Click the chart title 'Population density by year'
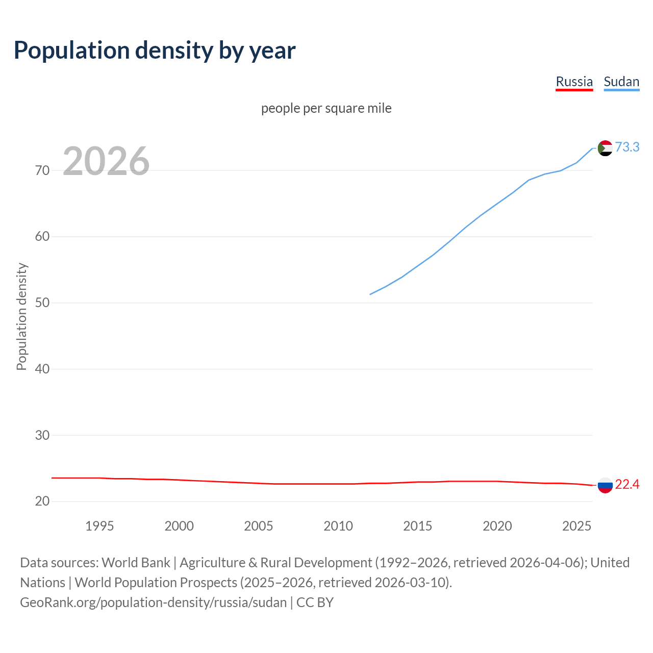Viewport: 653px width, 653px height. pyautogui.click(x=155, y=50)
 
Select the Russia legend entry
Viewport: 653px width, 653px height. pyautogui.click(x=574, y=82)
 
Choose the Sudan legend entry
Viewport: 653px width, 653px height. pyautogui.click(x=621, y=82)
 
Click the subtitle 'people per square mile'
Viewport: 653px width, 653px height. pyautogui.click(x=326, y=108)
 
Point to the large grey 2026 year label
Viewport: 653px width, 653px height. pyautogui.click(x=106, y=161)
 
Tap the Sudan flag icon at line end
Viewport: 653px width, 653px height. pyautogui.click(x=605, y=148)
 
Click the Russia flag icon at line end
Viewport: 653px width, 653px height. pyautogui.click(x=605, y=485)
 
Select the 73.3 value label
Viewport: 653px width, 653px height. pyautogui.click(x=627, y=147)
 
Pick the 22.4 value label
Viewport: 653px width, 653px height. pyautogui.click(x=627, y=484)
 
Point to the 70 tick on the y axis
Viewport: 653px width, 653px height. pyautogui.click(x=42, y=170)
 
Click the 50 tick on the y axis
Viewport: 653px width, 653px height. pyautogui.click(x=42, y=303)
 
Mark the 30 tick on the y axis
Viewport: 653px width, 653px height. pyautogui.click(x=42, y=435)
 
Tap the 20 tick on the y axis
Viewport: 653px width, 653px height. pyautogui.click(x=42, y=501)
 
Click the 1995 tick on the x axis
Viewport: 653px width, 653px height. pyautogui.click(x=99, y=526)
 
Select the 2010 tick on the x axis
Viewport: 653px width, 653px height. pyautogui.click(x=338, y=526)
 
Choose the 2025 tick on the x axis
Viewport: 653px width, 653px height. pyautogui.click(x=576, y=526)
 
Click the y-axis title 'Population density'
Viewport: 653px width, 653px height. pyautogui.click(x=21, y=316)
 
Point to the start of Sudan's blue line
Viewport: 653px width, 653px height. pyautogui.click(x=370, y=294)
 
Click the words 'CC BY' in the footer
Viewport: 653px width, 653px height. pyautogui.click(x=315, y=602)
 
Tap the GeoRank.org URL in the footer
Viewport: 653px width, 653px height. pyautogui.click(x=153, y=602)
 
